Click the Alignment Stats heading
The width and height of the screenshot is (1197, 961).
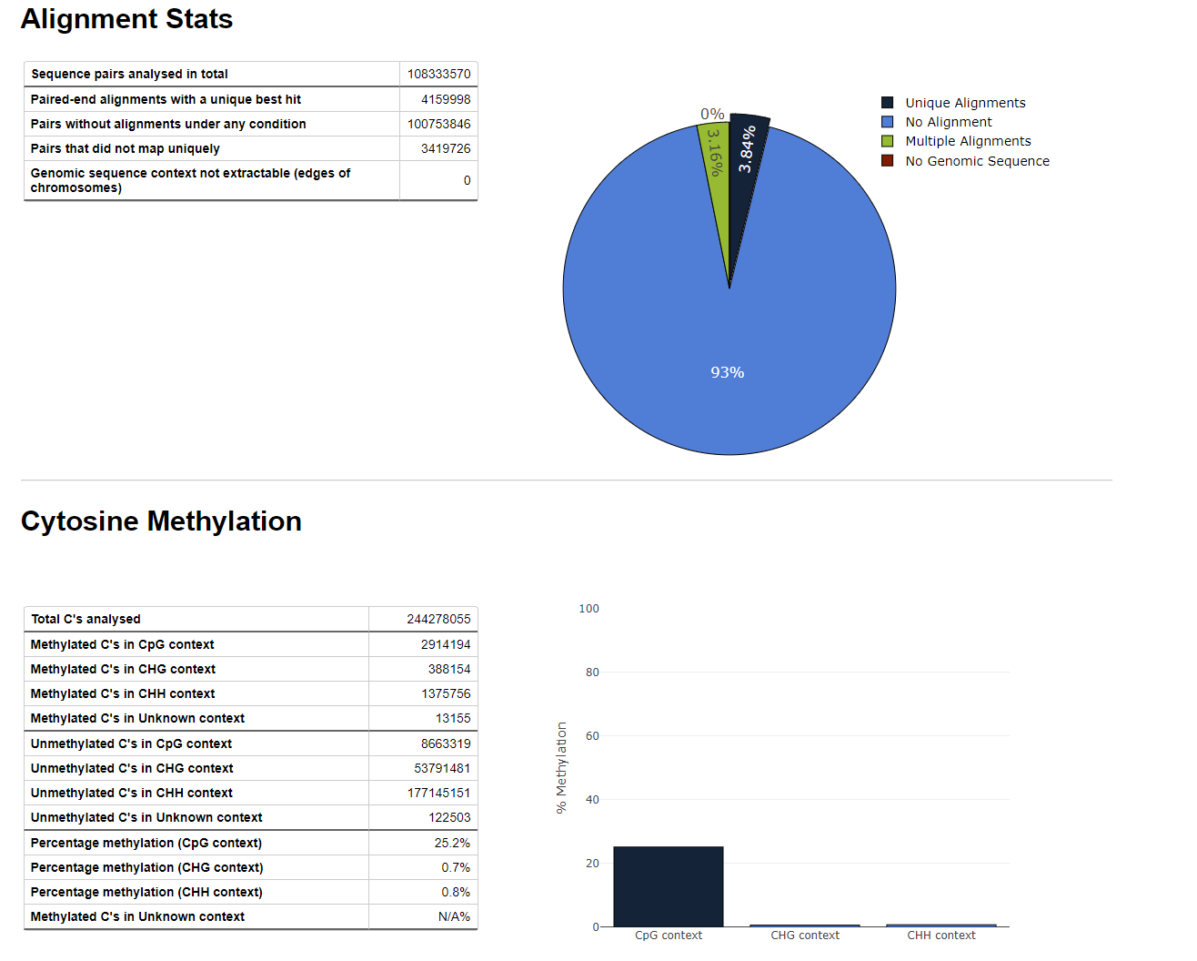(x=126, y=19)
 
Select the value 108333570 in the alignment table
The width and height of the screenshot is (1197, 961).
(x=438, y=74)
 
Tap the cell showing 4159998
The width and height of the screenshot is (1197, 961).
(x=445, y=99)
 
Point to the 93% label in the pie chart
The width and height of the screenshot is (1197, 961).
(x=727, y=372)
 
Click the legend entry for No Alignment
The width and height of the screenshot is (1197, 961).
(x=948, y=122)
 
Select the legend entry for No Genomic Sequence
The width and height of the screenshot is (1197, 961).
(x=976, y=161)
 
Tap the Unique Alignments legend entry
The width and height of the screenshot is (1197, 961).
(x=964, y=103)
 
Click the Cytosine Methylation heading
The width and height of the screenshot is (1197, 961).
(x=161, y=521)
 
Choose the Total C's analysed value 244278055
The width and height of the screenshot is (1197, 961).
(x=438, y=619)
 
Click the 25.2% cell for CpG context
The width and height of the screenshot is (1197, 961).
(x=452, y=843)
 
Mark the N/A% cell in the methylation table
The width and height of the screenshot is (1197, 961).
(x=454, y=916)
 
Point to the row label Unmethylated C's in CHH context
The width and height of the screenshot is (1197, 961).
(x=131, y=793)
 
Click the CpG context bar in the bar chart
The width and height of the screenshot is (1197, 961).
(x=669, y=886)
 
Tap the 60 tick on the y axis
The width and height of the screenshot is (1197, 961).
(x=592, y=735)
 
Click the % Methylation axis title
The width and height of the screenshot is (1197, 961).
(x=561, y=767)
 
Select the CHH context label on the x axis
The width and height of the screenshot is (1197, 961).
(x=940, y=936)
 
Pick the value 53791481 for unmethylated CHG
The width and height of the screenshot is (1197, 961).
(x=442, y=768)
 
